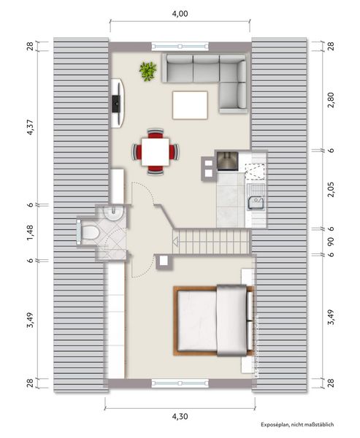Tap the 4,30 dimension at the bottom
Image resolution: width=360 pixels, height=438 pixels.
click(x=180, y=417)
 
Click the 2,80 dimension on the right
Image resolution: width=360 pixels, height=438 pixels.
click(x=331, y=100)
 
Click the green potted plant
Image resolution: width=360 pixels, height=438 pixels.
click(x=148, y=71)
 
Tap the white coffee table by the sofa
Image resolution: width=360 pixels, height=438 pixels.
click(x=190, y=104)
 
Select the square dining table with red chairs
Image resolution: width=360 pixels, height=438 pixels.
click(x=155, y=152)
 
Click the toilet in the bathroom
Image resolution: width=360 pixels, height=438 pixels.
click(x=88, y=232)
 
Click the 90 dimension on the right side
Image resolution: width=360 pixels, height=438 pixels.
click(x=331, y=241)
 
